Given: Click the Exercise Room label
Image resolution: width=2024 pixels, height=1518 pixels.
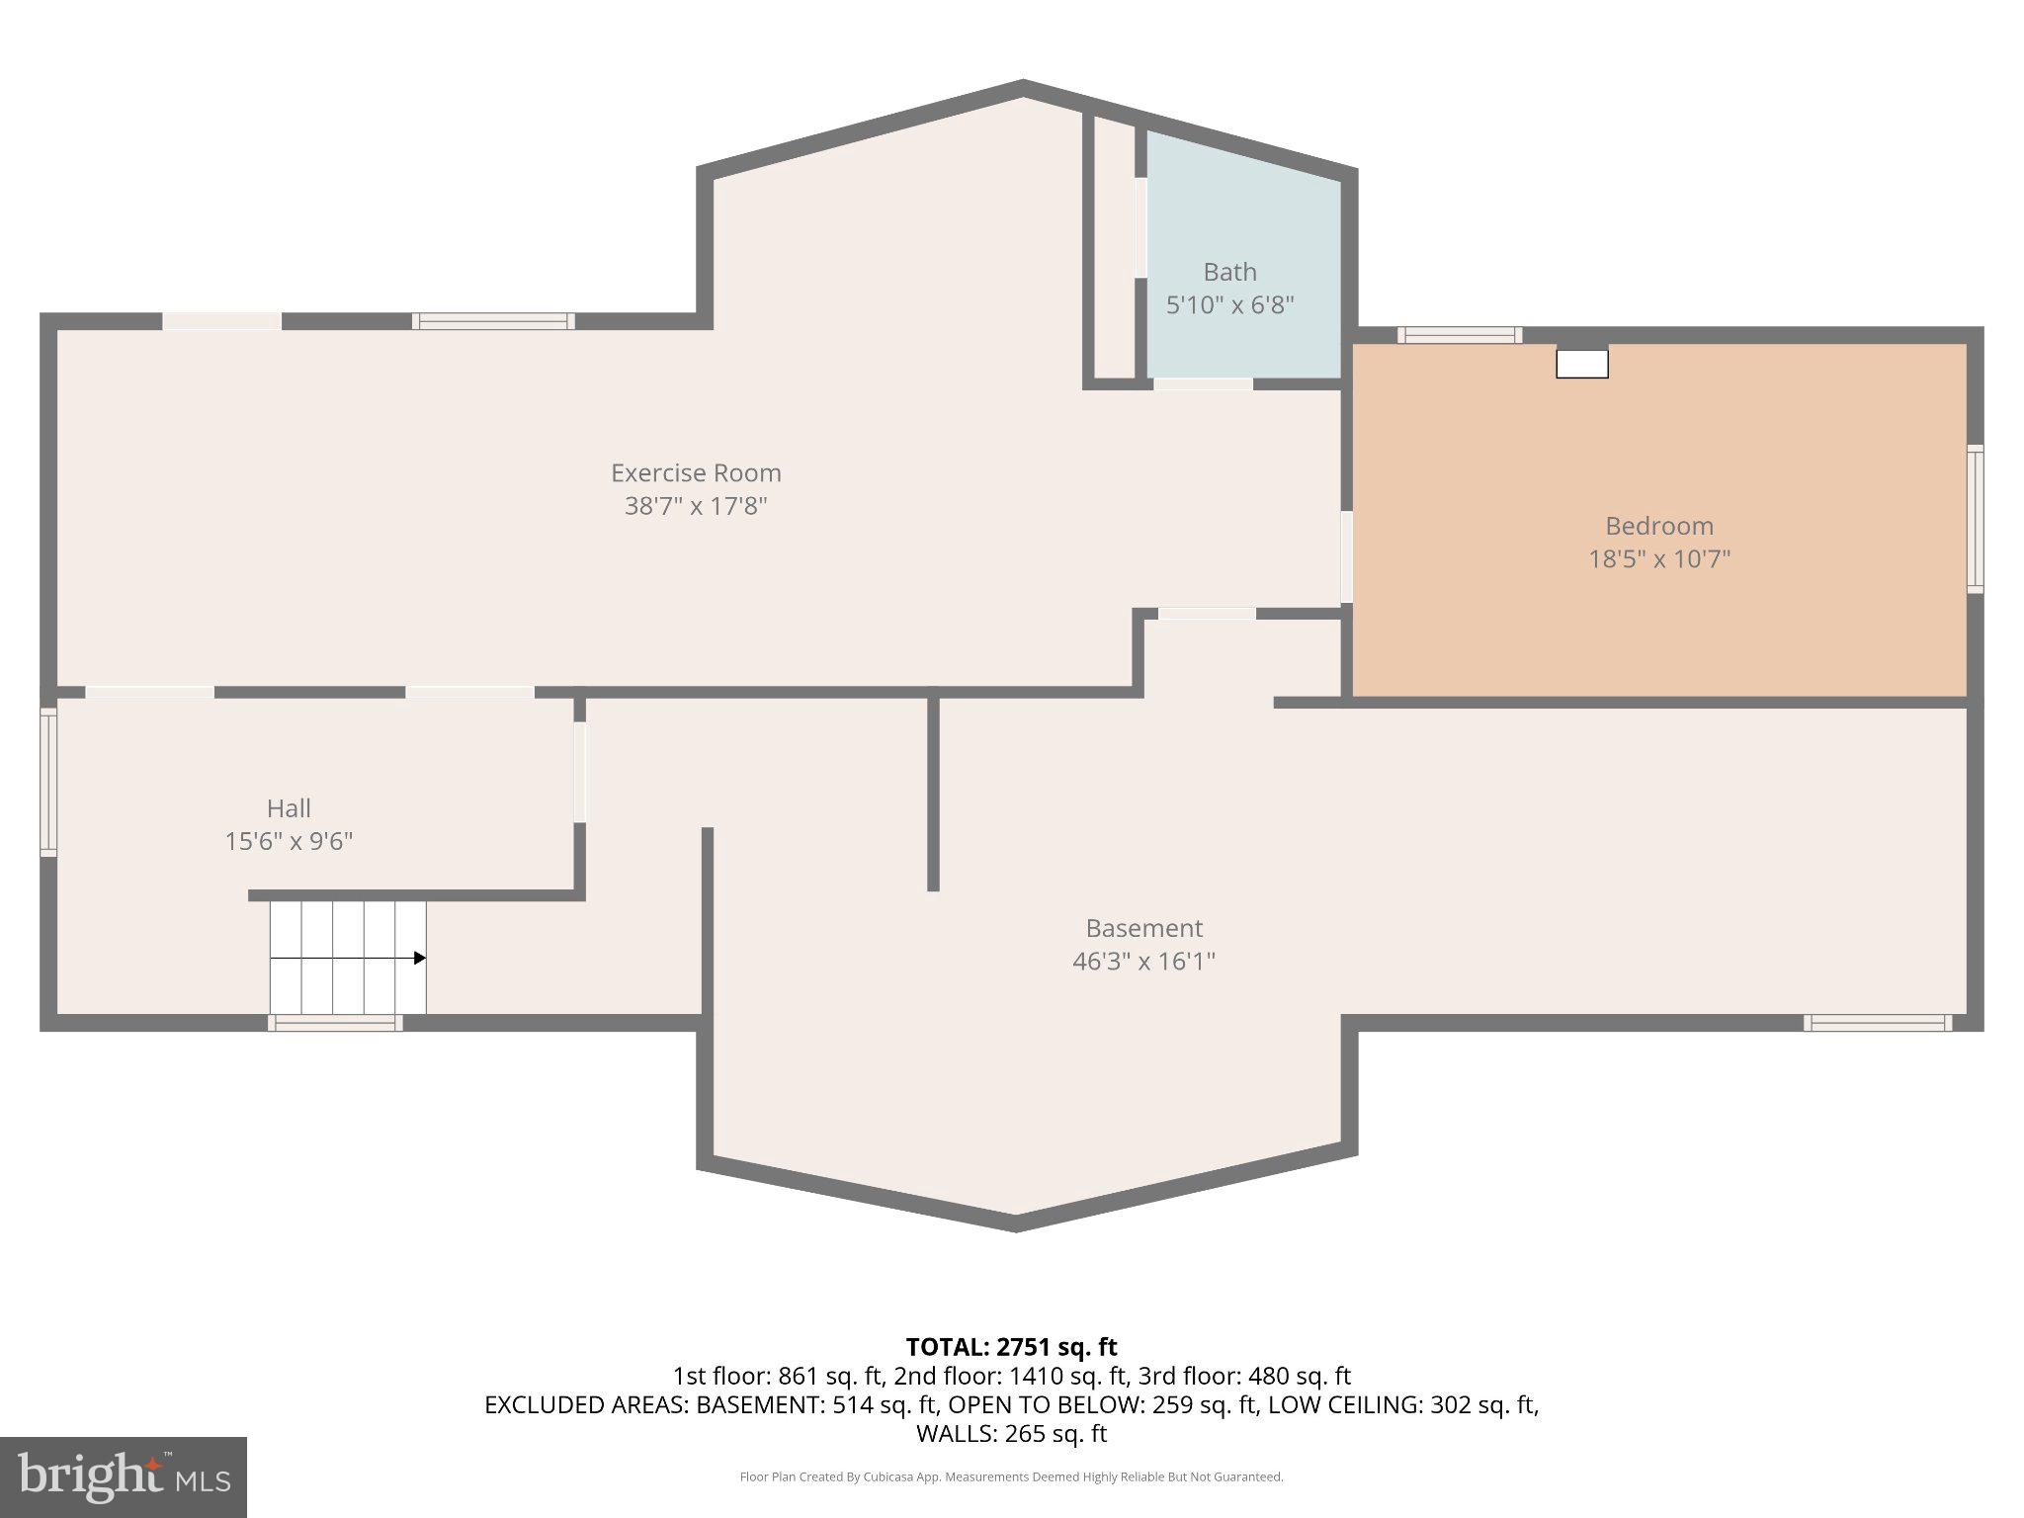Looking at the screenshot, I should pos(696,472).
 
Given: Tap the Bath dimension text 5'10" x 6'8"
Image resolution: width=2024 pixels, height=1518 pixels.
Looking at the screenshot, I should pos(1229,304).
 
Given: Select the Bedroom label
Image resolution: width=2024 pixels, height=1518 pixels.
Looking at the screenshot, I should pos(1658,526).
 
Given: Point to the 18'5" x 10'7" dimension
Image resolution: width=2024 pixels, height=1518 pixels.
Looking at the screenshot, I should pos(1658,559).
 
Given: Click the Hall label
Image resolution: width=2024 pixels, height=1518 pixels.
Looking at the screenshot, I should pos(289,808).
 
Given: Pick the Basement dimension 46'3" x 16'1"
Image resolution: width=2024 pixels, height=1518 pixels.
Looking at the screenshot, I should pos(1143,961).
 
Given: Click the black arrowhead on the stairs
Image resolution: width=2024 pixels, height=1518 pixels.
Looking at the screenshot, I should pos(420,958).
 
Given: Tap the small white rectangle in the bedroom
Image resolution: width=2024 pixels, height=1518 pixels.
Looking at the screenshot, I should pos(1581,364).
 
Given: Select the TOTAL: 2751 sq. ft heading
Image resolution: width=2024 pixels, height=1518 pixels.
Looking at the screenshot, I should pos(1011,1346).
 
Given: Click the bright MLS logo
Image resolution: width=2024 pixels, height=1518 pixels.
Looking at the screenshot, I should pos(124,1477).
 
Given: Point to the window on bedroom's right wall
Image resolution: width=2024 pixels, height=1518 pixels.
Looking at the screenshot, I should pos(1974,519).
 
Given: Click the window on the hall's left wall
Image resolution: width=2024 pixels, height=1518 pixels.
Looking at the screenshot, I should pos(47,781).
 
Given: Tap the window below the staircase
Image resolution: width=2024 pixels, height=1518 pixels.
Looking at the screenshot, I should pos(335,1023).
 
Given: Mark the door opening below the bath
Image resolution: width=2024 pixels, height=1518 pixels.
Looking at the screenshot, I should pos(1203,383).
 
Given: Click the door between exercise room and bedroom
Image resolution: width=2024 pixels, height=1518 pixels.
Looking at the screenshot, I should pos(1346,556).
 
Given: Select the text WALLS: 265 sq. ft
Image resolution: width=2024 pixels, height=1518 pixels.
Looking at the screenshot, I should pos(1011,1433).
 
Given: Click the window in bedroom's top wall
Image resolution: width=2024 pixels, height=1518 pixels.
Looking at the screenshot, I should pos(1459,335).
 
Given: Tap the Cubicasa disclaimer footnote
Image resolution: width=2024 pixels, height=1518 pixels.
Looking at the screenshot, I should pos(1011,1476).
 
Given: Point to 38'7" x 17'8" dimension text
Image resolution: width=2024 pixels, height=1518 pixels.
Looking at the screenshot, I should pos(696,506).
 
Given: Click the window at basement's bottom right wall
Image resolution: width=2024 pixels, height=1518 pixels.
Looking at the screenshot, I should pos(1877,1023).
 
